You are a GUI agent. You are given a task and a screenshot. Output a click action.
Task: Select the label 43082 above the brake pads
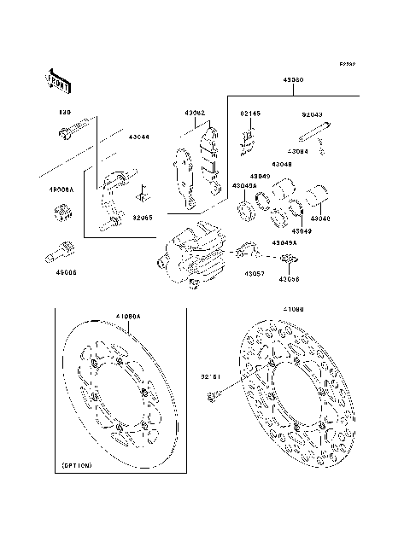coord(195,112)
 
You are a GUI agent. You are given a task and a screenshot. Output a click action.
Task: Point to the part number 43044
coord(139,137)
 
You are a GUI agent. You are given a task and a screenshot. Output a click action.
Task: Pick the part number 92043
coord(313,113)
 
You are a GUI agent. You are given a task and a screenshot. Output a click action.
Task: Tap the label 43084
coord(322,151)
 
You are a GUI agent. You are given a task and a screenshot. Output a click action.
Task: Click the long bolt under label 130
coord(73,131)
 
